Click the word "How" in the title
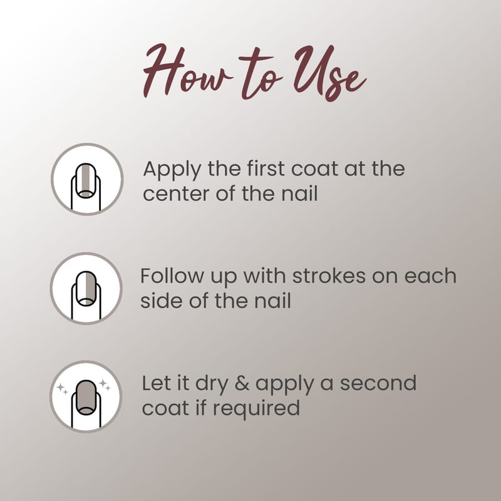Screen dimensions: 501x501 point(187,70)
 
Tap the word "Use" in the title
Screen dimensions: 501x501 point(330,73)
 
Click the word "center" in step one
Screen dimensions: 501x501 point(176,194)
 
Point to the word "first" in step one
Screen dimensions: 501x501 point(266,168)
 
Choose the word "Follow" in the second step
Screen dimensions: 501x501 point(172,276)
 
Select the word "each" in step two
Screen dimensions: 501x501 point(430,276)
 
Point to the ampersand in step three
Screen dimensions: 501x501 point(242,383)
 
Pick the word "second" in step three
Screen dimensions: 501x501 point(378,383)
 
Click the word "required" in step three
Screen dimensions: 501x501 point(256,409)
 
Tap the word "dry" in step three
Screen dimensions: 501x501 point(212,385)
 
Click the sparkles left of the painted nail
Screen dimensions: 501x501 point(62,389)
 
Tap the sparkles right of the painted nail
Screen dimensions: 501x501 point(105,385)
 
